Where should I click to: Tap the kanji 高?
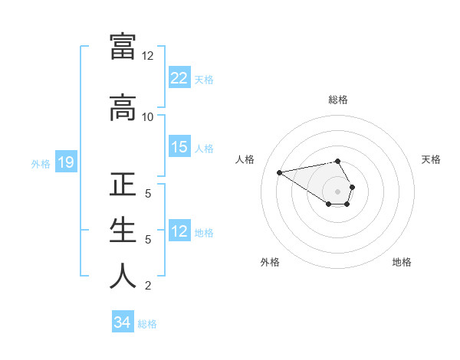tap(123, 108)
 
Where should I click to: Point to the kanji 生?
tap(123, 231)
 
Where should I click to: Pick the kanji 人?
tap(123, 276)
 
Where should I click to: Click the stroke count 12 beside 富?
tap(147, 56)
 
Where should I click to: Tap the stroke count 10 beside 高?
tap(147, 116)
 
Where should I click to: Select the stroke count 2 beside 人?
tap(147, 286)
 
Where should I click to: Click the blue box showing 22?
tap(179, 78)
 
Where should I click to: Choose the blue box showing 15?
tap(179, 147)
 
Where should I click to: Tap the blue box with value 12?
tap(179, 231)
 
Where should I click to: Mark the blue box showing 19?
tap(65, 162)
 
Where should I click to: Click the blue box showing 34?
tap(123, 322)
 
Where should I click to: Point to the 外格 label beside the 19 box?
tap(40, 163)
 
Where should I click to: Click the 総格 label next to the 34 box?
tap(147, 324)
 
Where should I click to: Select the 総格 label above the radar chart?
tap(337, 100)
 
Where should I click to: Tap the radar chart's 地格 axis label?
tap(402, 262)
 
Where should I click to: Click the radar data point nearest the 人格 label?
tap(280, 172)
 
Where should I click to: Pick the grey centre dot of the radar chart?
tap(337, 191)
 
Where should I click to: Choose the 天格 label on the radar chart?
tap(431, 159)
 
